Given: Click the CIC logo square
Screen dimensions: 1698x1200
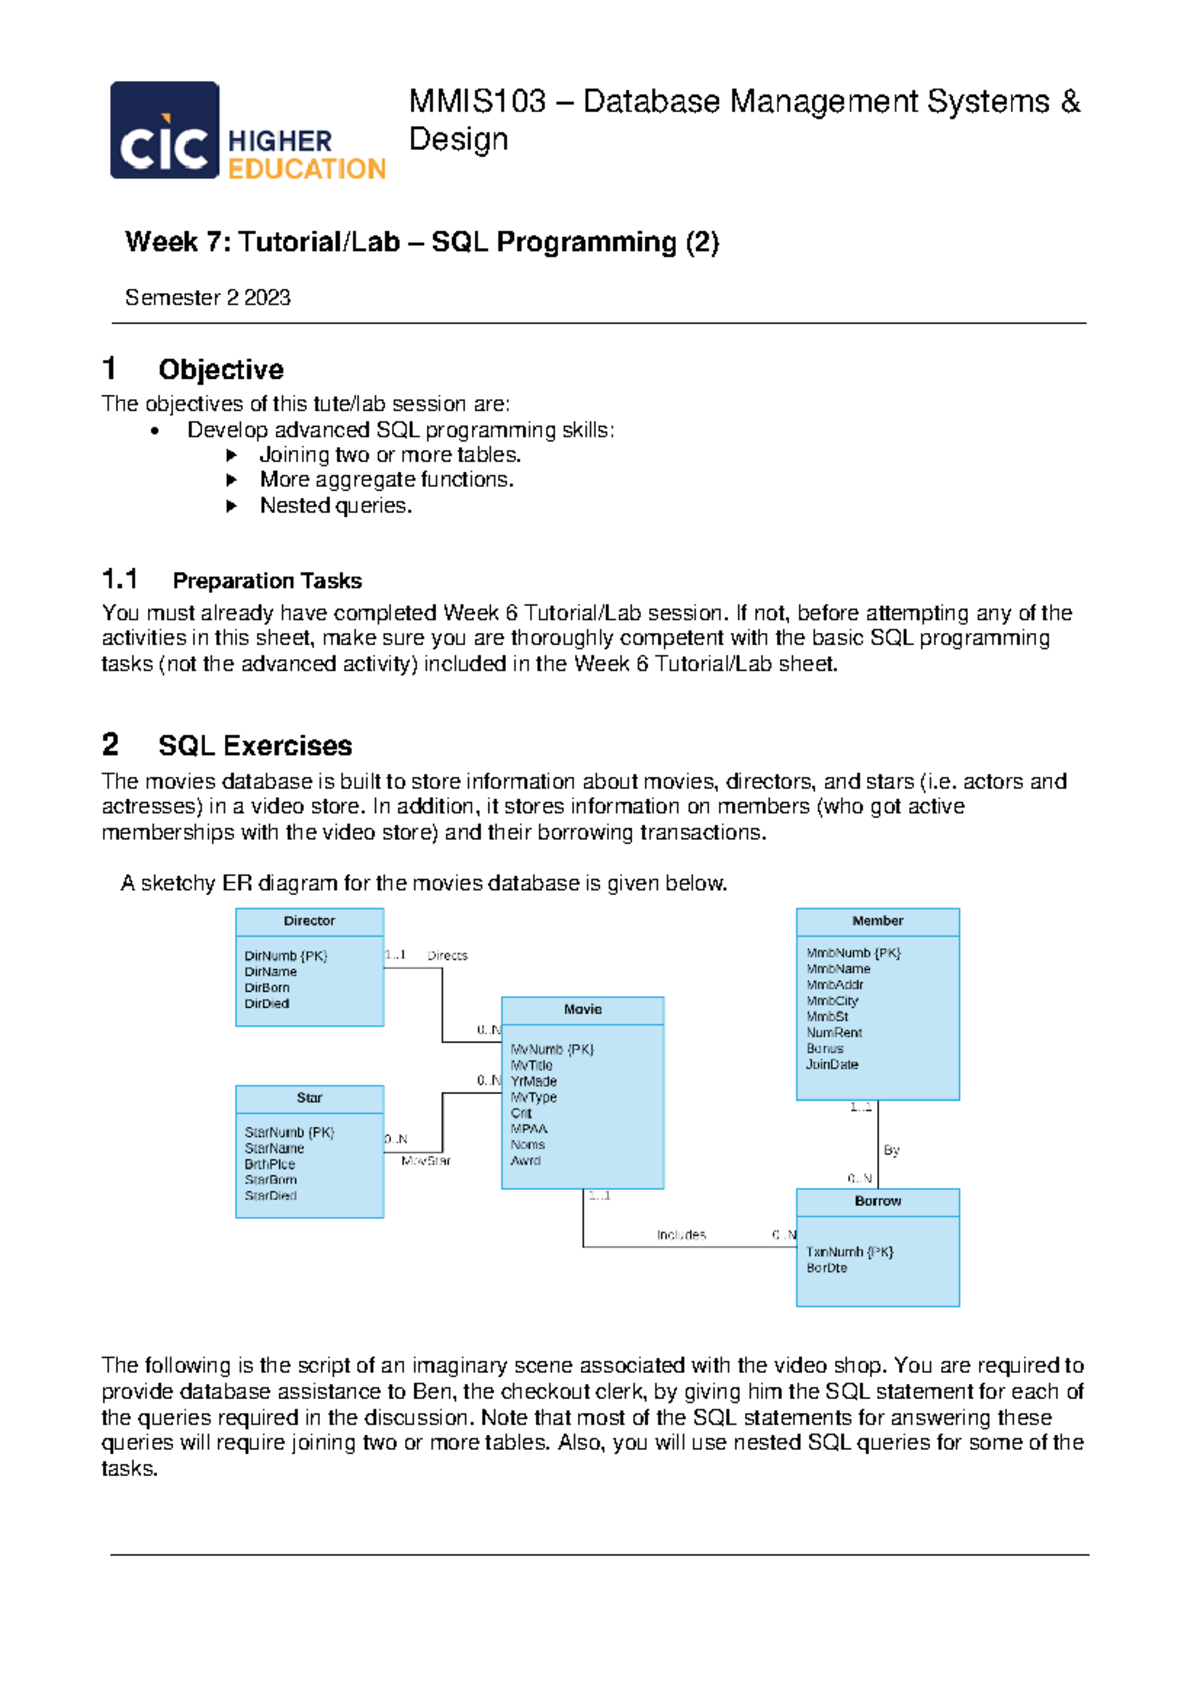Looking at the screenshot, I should click(x=164, y=130).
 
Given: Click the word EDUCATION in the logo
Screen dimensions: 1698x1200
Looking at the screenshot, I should click(x=306, y=169).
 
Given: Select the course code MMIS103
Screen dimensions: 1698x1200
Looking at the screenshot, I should click(x=478, y=101).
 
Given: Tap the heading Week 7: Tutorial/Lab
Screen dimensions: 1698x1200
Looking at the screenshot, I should click(x=262, y=242).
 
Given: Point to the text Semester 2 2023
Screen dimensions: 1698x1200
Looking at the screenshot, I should click(x=207, y=297).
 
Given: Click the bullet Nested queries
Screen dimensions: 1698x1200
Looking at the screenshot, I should click(x=335, y=505).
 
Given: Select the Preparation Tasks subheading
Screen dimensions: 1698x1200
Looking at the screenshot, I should click(x=267, y=580).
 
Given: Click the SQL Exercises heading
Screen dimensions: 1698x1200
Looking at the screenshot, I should click(x=254, y=745).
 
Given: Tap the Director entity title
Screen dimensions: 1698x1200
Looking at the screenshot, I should click(x=309, y=921).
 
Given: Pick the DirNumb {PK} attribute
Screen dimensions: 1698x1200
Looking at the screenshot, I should click(x=286, y=956).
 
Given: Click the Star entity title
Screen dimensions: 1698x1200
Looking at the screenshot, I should click(x=309, y=1098).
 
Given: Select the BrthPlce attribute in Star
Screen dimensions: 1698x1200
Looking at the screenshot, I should click(x=270, y=1164).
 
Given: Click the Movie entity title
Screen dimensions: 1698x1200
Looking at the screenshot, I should click(x=582, y=1010).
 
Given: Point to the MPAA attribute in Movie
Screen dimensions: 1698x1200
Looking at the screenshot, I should click(x=529, y=1129).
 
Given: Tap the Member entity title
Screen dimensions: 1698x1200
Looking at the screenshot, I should click(x=877, y=921).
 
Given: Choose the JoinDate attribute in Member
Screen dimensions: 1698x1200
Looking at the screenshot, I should click(x=832, y=1064).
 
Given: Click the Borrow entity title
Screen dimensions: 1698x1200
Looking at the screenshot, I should click(x=877, y=1201).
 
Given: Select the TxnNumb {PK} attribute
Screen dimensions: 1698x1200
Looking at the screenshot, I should click(x=850, y=1252).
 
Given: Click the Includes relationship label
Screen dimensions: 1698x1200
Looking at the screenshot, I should click(x=681, y=1235).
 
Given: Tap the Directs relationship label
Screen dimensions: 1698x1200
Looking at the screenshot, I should click(x=447, y=956).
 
